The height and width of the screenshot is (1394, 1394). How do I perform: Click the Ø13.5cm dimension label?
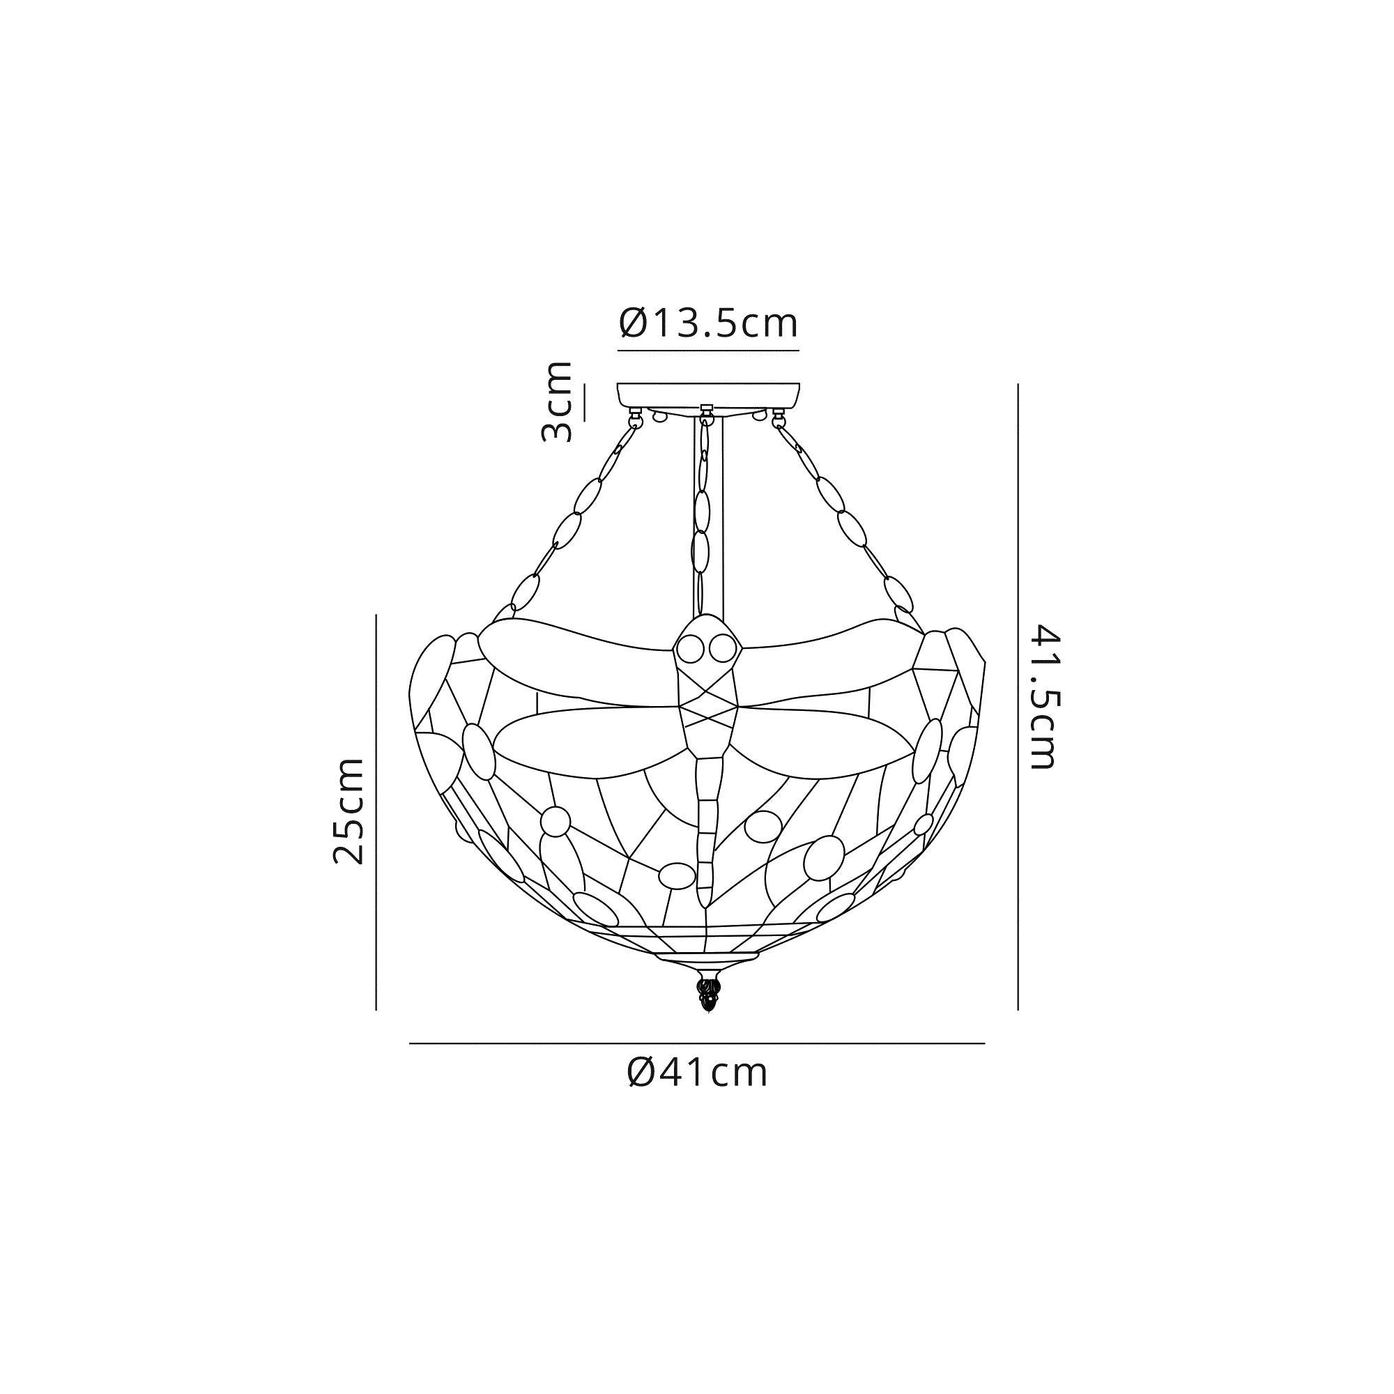709,324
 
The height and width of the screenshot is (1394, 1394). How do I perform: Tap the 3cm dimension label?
556,402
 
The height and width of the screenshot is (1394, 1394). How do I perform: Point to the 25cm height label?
348,811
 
